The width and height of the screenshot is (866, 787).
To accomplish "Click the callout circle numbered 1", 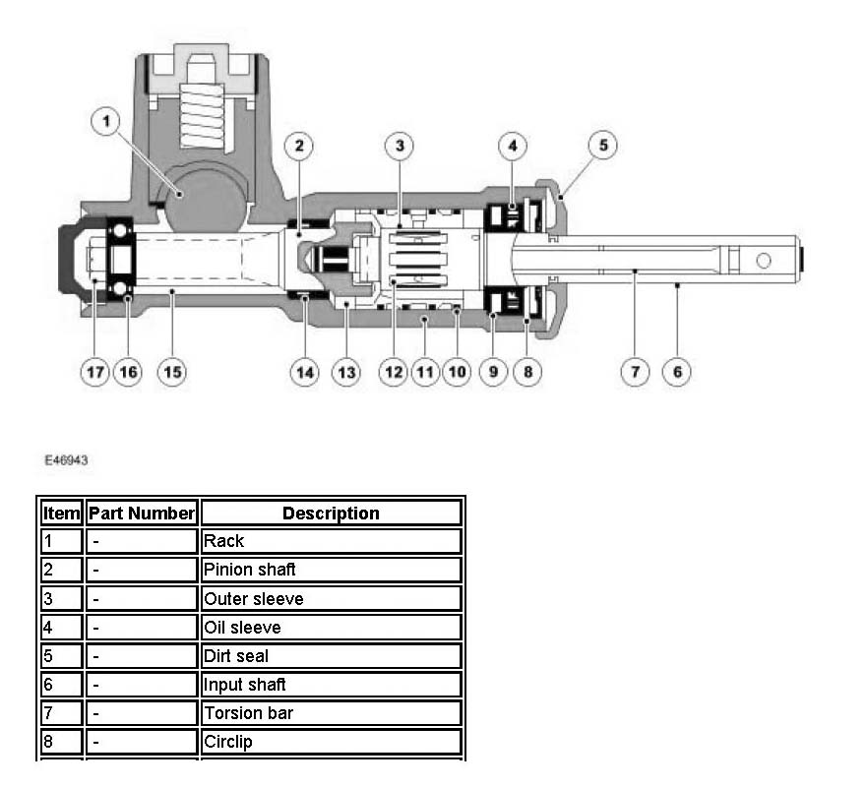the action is (x=106, y=123).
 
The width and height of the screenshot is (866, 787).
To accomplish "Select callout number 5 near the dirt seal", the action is (x=603, y=147).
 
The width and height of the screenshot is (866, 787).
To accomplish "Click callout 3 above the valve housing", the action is (x=398, y=147).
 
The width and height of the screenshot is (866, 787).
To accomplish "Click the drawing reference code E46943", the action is (x=65, y=459).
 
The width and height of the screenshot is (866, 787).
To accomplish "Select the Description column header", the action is (x=331, y=513).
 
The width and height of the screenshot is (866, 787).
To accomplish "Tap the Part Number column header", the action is (x=143, y=513).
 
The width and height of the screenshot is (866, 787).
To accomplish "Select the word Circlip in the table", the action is (x=228, y=741).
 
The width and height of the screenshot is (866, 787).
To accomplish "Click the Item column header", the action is (x=61, y=513).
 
